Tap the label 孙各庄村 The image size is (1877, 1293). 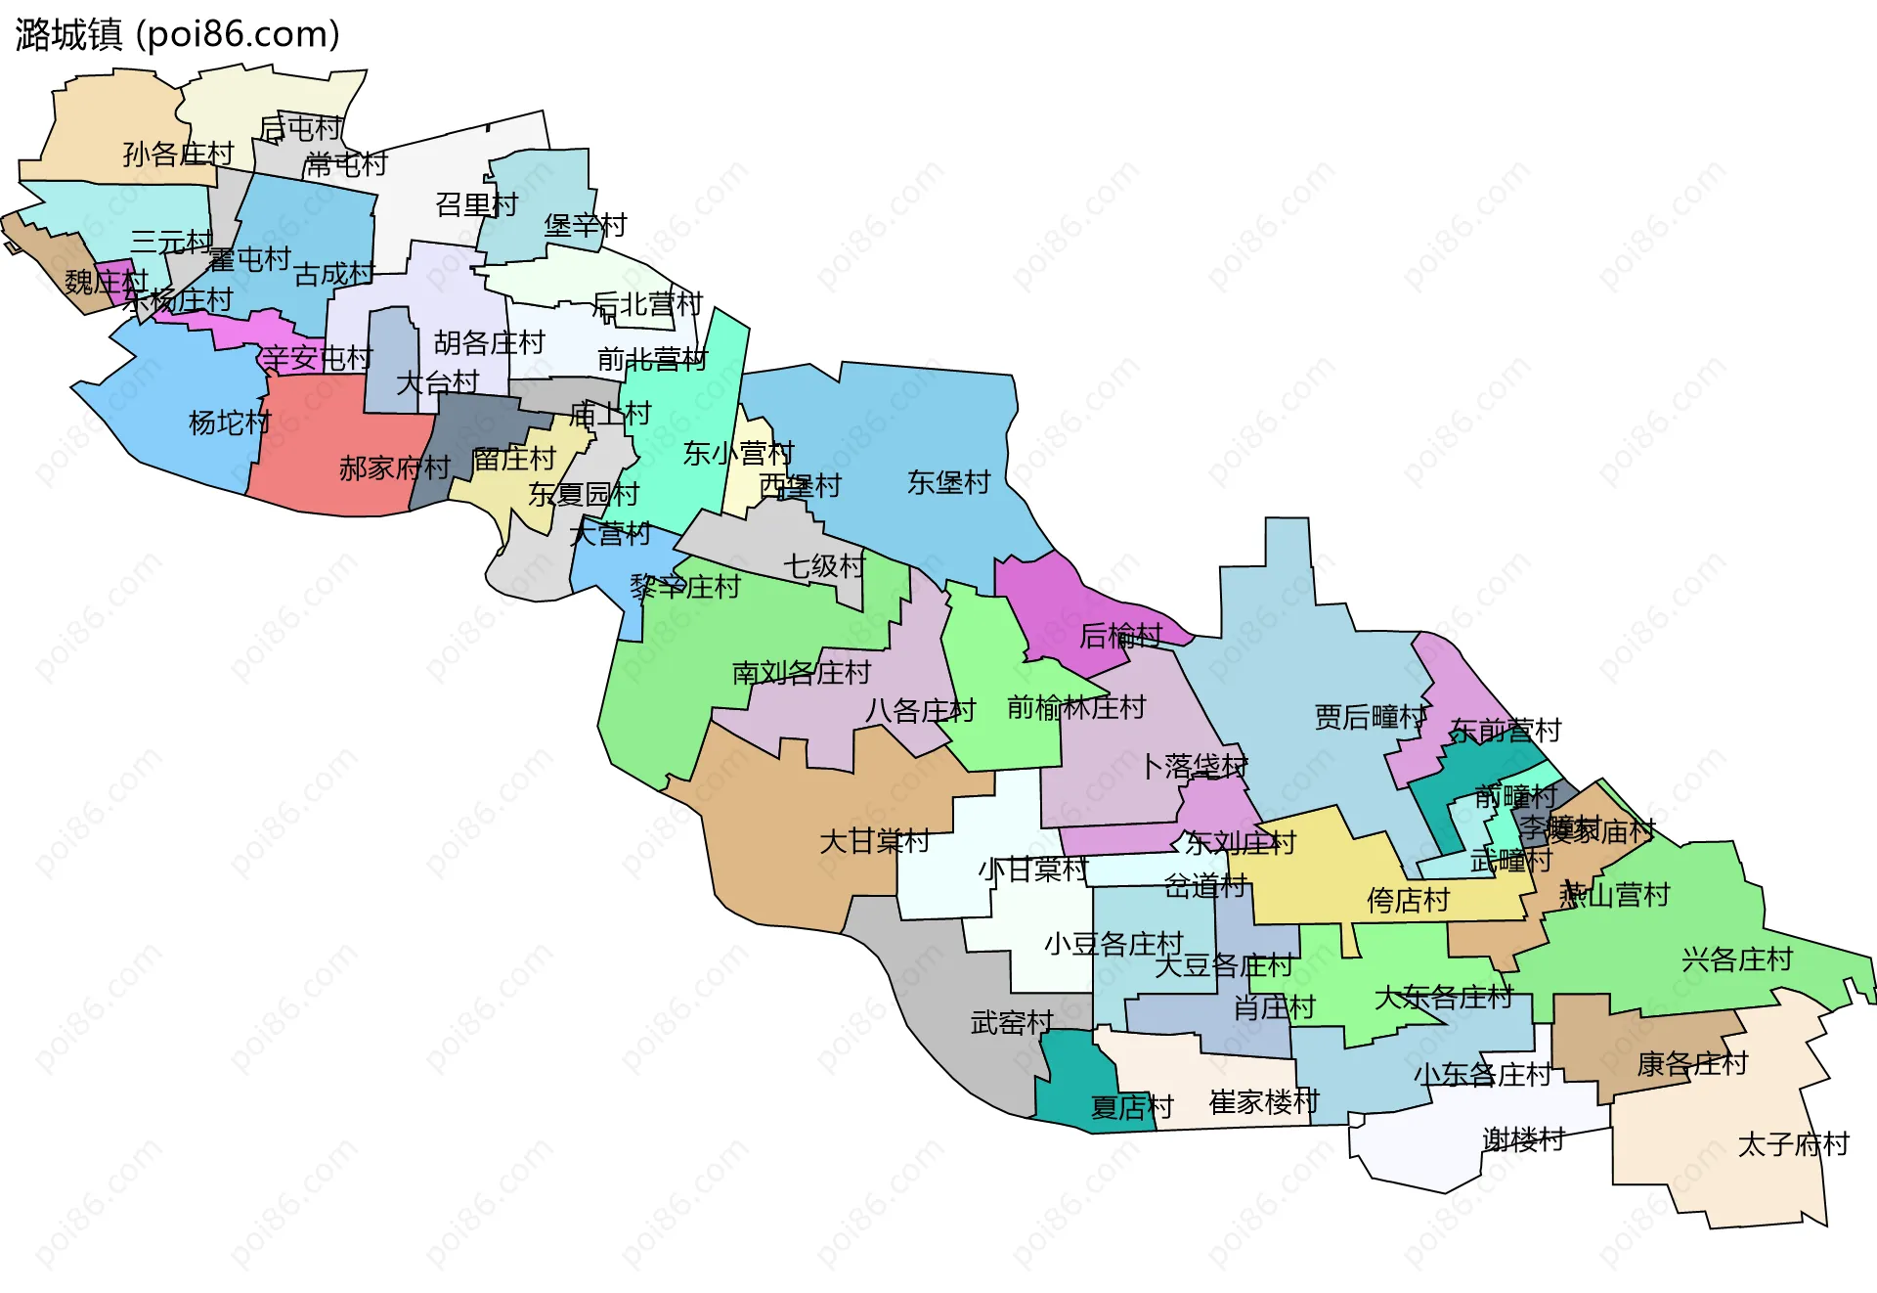click(x=178, y=154)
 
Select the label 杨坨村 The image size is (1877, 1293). click(x=230, y=423)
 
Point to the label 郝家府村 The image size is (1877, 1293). click(x=394, y=468)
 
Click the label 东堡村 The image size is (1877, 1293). click(x=948, y=482)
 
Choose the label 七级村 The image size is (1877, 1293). click(x=824, y=565)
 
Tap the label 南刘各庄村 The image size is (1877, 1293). click(x=801, y=673)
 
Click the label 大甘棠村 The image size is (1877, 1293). click(x=874, y=841)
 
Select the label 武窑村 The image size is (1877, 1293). click(x=1012, y=1023)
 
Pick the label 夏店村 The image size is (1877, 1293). click(x=1131, y=1107)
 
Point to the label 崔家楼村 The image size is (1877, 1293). click(x=1264, y=1102)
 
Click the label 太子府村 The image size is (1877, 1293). click(x=1793, y=1144)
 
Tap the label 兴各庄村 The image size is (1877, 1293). click(x=1737, y=959)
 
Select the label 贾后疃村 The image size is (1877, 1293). click(x=1370, y=717)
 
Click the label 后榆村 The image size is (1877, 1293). click(x=1120, y=637)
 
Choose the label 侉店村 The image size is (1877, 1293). click(x=1408, y=900)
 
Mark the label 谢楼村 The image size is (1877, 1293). click(x=1523, y=1139)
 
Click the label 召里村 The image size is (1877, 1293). click(x=476, y=205)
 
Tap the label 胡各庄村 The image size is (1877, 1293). click(x=489, y=343)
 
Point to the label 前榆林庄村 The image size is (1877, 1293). click(x=1076, y=707)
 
